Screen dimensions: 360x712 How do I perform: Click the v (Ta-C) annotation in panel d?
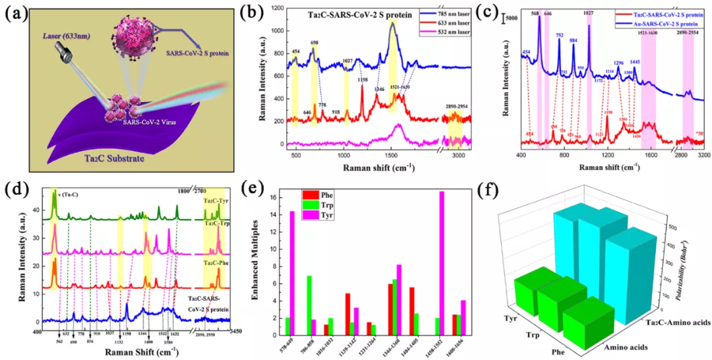click(67, 192)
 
